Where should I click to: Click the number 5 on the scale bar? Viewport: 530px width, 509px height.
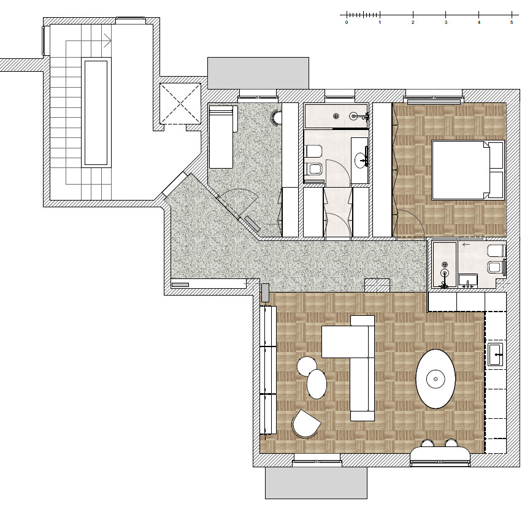(512, 22)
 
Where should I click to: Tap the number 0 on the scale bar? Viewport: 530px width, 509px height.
(347, 22)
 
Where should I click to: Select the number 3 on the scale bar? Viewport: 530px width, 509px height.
(446, 22)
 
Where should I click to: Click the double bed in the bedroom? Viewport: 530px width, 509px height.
(468, 170)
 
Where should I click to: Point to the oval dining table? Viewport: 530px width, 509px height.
(436, 379)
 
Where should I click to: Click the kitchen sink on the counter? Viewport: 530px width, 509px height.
(496, 354)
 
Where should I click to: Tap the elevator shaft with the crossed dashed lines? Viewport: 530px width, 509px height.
(180, 104)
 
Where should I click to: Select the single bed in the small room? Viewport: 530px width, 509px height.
(221, 137)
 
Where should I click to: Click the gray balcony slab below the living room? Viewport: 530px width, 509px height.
(316, 483)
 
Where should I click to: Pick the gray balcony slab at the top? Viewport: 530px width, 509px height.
(258, 73)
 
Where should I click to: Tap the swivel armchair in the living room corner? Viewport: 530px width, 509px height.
(306, 424)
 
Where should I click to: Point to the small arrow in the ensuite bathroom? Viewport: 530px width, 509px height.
(466, 244)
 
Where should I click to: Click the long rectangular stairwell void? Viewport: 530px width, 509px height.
(96, 113)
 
